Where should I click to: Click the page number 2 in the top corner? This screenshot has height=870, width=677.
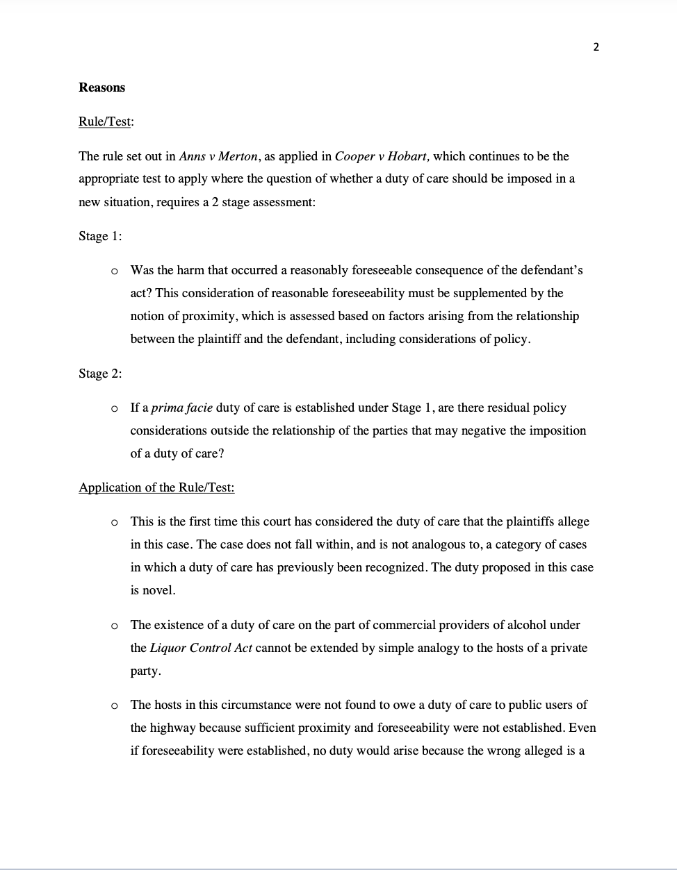click(596, 47)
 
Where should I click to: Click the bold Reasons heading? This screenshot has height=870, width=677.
click(101, 87)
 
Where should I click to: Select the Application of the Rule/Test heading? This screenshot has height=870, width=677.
click(156, 487)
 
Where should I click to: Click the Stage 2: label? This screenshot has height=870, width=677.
click(100, 374)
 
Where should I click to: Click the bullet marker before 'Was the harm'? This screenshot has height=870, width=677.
click(114, 271)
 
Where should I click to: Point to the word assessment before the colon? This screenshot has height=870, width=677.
click(282, 202)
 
